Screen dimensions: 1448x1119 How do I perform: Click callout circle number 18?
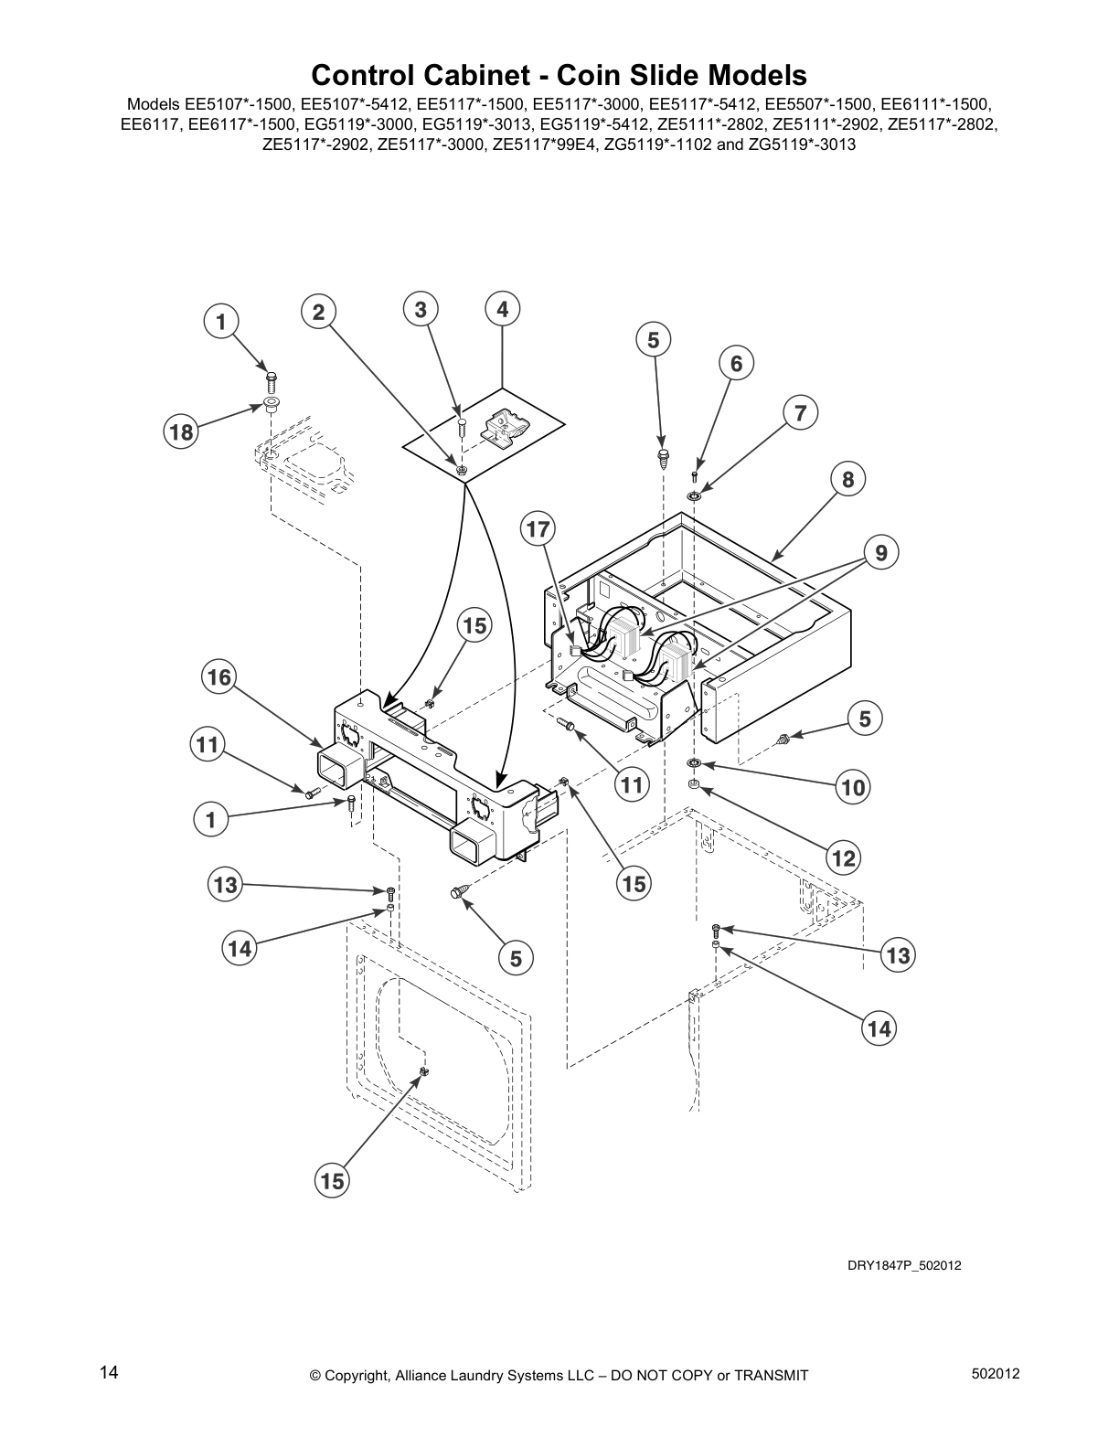[181, 431]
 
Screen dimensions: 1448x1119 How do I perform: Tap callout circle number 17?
[539, 528]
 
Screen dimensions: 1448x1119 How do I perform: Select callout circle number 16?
[218, 676]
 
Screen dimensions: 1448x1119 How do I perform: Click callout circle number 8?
[848, 478]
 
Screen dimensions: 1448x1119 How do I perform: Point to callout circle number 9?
[881, 552]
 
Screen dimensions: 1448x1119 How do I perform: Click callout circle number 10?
[853, 786]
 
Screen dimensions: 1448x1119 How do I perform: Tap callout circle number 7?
[800, 412]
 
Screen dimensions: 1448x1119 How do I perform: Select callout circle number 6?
[736, 364]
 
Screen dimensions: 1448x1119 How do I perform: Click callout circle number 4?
[502, 310]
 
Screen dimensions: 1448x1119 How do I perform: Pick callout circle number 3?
[420, 309]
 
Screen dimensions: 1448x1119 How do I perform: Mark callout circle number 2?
[317, 312]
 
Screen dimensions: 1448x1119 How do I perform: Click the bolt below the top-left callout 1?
[271, 378]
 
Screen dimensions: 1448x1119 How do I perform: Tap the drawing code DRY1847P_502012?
[902, 1265]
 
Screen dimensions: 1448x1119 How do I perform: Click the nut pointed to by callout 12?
[694, 783]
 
